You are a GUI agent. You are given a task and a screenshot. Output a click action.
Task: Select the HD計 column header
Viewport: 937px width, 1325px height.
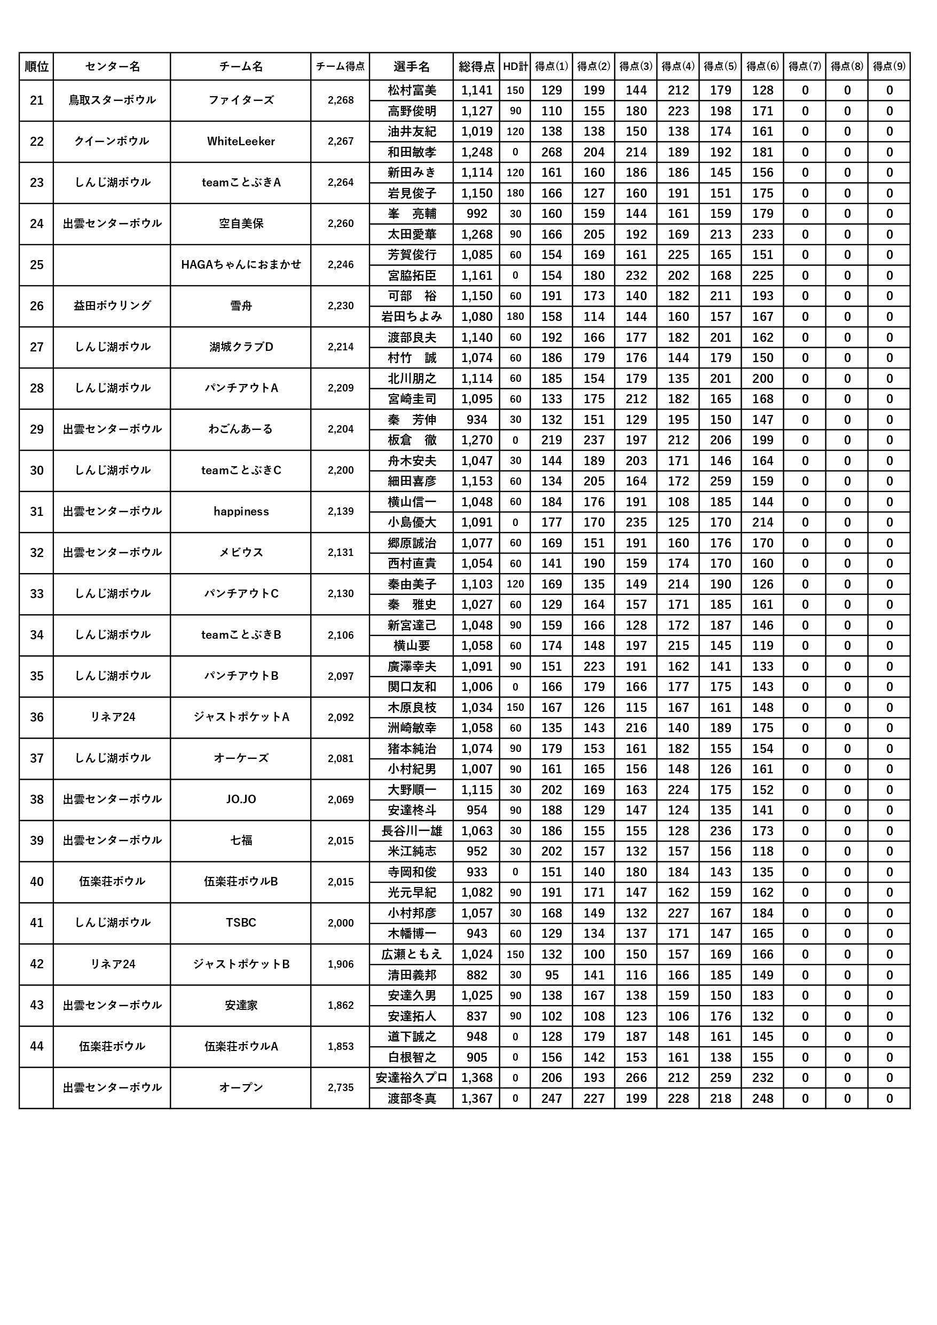515,66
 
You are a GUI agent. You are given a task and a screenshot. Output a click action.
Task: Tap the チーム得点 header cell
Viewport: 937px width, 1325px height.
341,66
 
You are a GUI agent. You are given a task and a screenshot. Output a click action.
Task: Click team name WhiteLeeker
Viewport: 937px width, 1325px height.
241,142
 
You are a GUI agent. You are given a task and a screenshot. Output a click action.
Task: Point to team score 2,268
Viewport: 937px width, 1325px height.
341,100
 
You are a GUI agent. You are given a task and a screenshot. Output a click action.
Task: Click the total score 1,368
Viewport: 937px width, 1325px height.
477,1078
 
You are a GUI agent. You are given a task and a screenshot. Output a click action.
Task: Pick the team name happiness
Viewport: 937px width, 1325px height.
241,511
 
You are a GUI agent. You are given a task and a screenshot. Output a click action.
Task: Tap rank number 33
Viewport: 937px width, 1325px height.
36,594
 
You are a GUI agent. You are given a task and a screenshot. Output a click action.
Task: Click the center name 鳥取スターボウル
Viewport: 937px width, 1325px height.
112,100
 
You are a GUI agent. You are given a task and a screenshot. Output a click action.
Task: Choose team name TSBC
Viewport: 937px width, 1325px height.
241,923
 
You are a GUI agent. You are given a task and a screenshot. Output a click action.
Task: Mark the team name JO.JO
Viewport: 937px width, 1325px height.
241,799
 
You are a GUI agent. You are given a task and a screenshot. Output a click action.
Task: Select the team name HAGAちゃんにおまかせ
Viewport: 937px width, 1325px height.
241,265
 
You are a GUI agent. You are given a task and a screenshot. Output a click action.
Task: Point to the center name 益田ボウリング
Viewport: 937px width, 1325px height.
112,306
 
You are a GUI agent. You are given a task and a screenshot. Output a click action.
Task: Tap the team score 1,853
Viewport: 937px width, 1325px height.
341,1046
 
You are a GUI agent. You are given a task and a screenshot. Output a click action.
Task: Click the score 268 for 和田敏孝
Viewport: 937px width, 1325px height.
551,152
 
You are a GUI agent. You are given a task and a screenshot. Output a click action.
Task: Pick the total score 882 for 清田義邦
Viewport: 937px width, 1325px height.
477,975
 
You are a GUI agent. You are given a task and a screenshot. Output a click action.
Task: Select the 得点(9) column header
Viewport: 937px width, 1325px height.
888,66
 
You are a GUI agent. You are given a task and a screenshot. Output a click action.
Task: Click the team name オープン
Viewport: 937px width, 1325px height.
241,1088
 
